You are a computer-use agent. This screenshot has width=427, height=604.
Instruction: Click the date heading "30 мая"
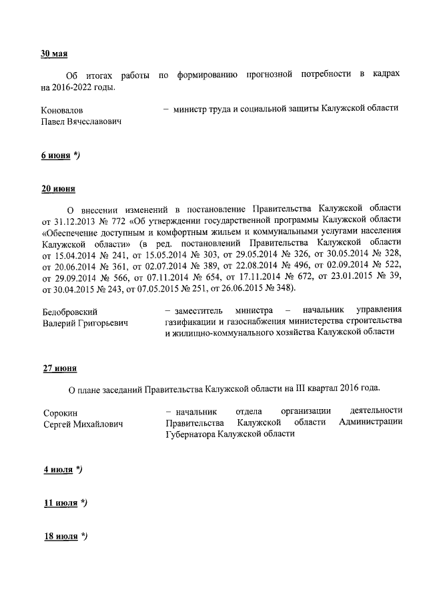(x=55, y=54)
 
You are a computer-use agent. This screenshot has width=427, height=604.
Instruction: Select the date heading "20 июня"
(x=58, y=189)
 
